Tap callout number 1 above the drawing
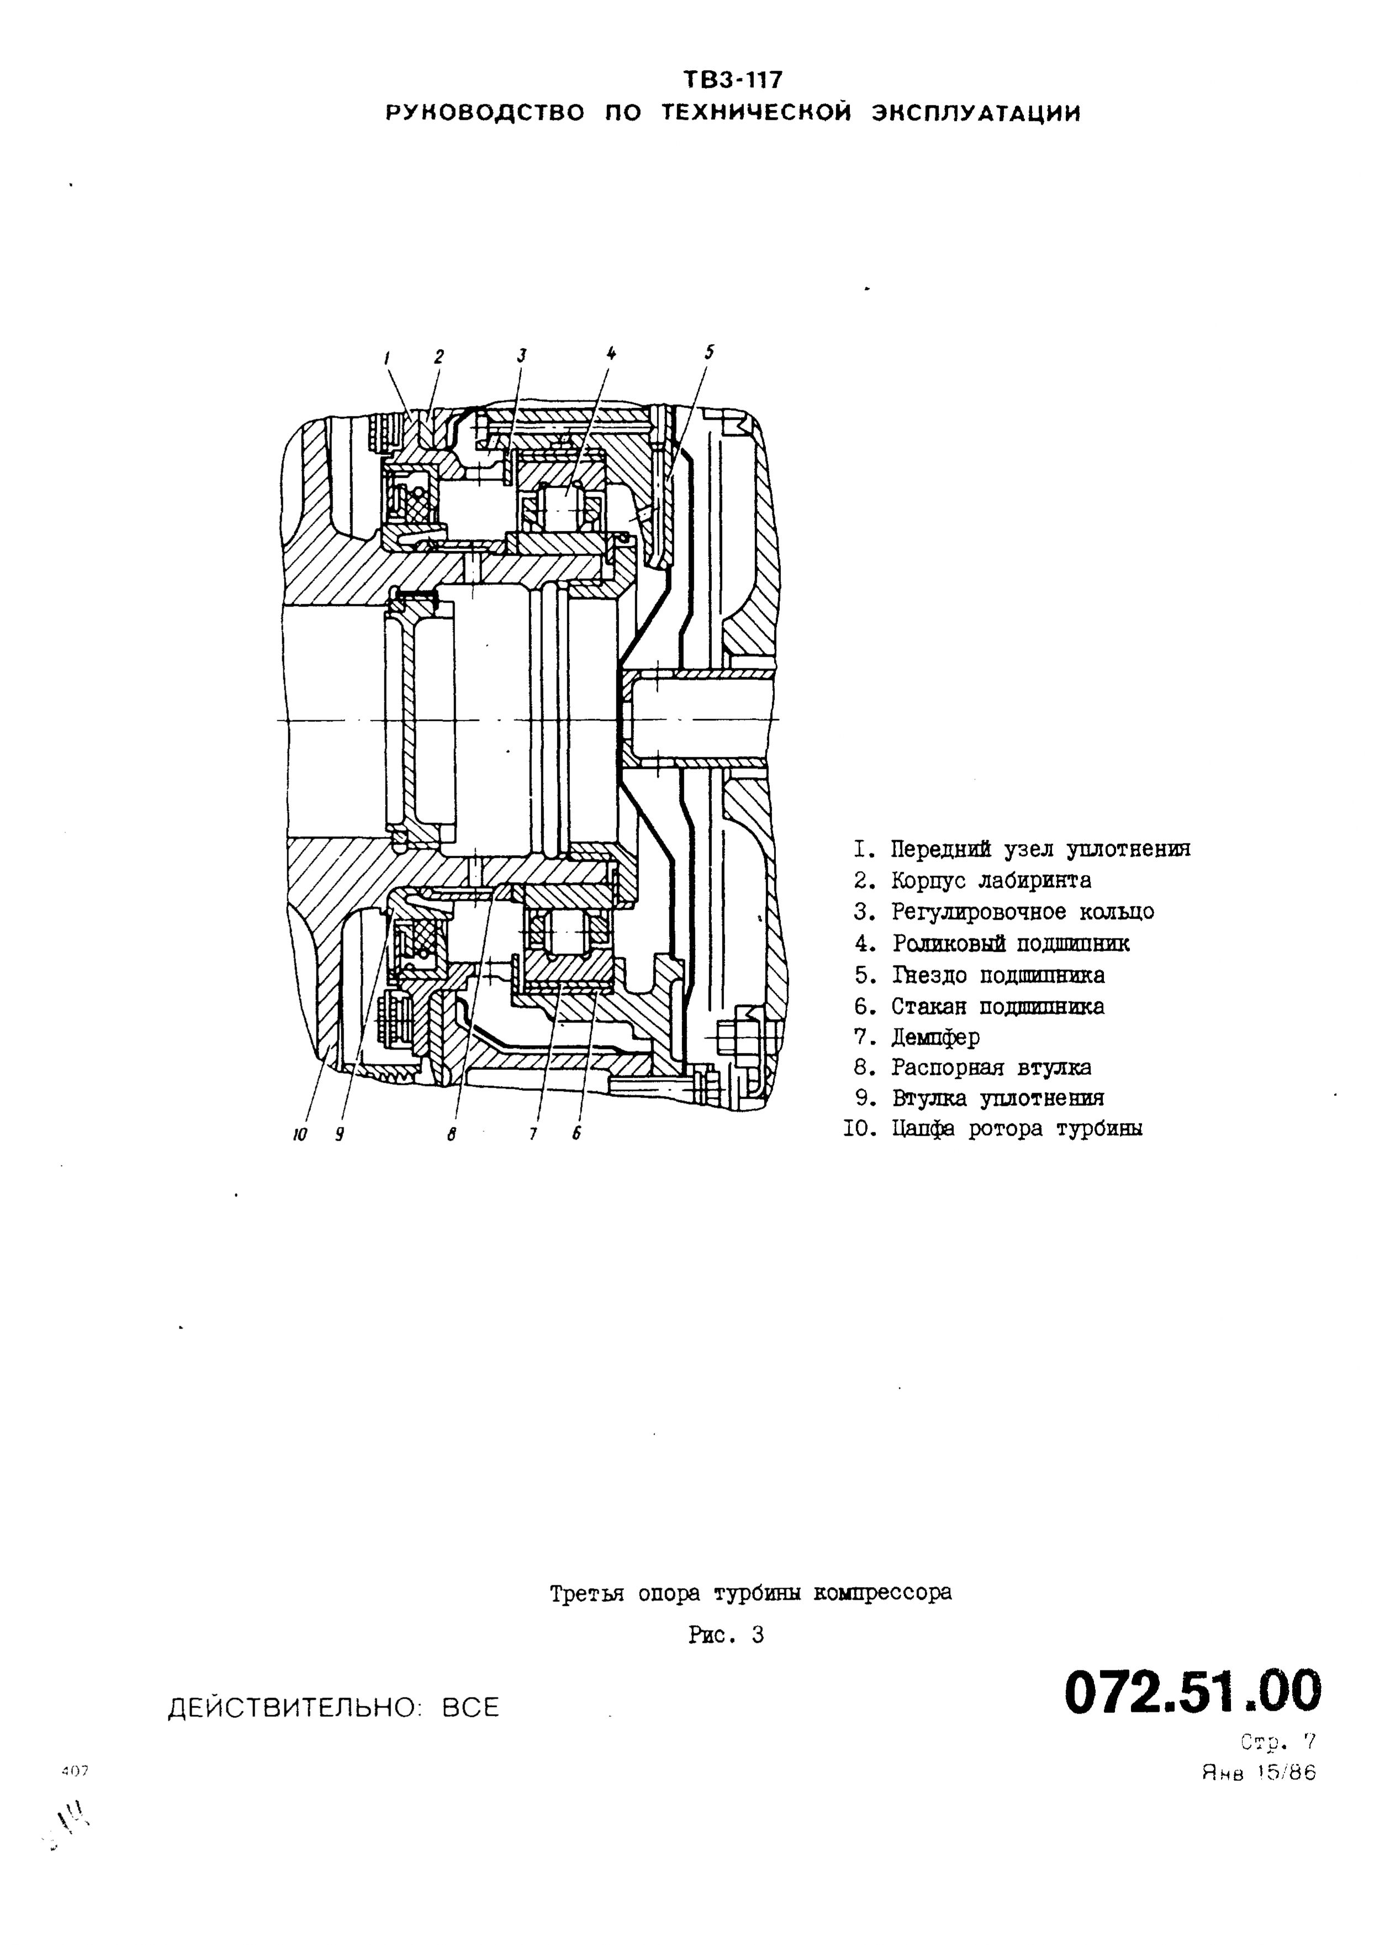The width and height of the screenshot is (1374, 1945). pos(387,359)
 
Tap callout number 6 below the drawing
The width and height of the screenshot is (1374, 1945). pos(576,1134)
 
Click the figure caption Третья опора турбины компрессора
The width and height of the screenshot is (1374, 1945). pos(751,1594)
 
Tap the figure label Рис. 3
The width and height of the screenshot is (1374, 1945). pos(727,1636)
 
